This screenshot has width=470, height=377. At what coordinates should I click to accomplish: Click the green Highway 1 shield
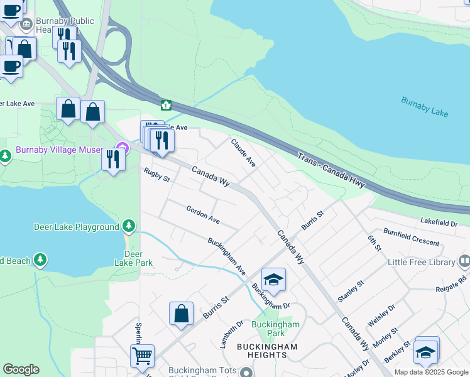(166, 105)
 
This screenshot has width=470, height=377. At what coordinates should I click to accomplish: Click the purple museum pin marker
(123, 149)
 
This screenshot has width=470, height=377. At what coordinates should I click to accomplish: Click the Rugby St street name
(156, 175)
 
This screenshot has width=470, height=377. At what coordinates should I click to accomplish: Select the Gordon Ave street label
(202, 214)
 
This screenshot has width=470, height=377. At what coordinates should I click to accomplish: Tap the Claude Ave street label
(243, 153)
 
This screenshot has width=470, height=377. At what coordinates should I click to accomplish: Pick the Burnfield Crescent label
(412, 237)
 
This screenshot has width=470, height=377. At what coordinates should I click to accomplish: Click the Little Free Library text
(421, 261)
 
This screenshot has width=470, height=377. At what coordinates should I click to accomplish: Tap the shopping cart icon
(142, 356)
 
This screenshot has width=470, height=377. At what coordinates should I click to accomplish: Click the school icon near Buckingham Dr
(273, 280)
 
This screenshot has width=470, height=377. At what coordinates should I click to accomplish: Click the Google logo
(21, 369)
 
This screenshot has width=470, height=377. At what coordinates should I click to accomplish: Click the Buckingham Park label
(275, 329)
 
